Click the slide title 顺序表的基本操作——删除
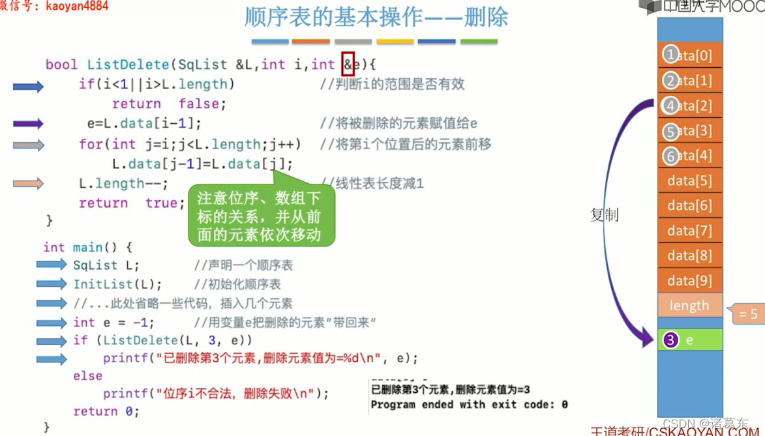[x=376, y=18]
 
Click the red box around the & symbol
[x=348, y=64]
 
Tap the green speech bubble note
[x=261, y=216]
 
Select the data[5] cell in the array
[x=690, y=181]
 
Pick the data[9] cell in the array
[x=690, y=280]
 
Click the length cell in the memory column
[x=689, y=305]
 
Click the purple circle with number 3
[x=670, y=340]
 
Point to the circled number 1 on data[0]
[x=670, y=55]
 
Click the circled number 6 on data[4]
[x=670, y=156]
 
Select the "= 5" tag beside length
[x=747, y=314]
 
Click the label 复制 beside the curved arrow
[x=604, y=214]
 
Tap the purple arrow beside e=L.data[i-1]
[x=28, y=123]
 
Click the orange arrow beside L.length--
[x=28, y=184]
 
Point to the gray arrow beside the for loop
[x=28, y=145]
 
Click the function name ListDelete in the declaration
[x=128, y=65]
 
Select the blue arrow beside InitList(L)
[x=52, y=284]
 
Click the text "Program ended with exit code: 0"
[x=469, y=405]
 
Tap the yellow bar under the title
[x=395, y=42]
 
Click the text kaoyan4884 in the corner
[x=77, y=6]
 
